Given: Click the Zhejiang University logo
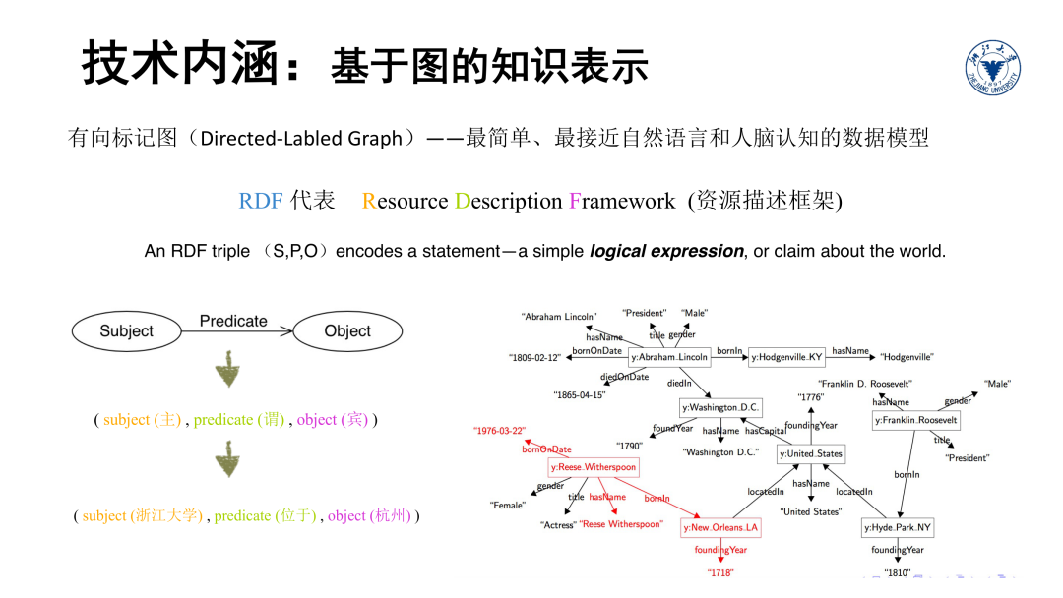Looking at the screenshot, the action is [x=992, y=70].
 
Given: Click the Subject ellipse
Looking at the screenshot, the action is [x=127, y=331].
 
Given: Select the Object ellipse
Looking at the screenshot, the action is [x=346, y=331].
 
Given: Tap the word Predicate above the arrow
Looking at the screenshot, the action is [x=233, y=321].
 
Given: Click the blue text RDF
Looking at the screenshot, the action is [x=260, y=202].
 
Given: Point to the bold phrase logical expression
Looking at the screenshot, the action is [x=666, y=251].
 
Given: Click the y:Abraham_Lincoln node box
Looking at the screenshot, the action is [x=669, y=357].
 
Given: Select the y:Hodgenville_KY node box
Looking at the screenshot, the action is [x=786, y=357].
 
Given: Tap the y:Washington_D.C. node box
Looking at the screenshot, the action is [x=721, y=407].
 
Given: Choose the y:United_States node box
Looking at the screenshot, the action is [x=811, y=453].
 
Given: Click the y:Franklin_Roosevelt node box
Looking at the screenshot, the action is [x=915, y=420].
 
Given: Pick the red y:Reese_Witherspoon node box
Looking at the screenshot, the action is [x=594, y=466].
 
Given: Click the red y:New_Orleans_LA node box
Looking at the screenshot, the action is [x=721, y=527].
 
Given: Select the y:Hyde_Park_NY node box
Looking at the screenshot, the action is [x=897, y=527].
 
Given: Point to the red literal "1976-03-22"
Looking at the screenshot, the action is [x=499, y=431].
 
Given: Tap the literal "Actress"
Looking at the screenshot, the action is [x=558, y=525].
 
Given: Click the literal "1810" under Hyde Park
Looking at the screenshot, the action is [x=897, y=572].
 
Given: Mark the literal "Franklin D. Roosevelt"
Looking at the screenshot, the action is [x=865, y=383].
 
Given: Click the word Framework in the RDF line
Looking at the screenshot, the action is [x=622, y=202].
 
